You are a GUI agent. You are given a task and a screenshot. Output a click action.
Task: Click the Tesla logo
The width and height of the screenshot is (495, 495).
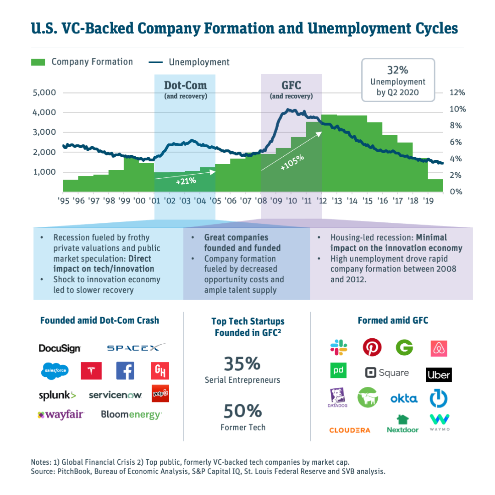[x=91, y=371]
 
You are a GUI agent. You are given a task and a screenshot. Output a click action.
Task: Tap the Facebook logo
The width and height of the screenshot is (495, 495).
[x=125, y=370]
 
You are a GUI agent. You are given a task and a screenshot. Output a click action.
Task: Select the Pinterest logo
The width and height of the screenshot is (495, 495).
[x=372, y=347]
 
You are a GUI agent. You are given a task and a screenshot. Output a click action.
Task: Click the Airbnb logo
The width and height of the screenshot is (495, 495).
[x=439, y=349]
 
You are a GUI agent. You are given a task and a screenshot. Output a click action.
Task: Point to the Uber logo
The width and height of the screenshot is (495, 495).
[x=439, y=374]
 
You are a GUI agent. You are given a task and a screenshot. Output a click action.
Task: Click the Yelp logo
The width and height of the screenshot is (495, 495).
[x=160, y=393]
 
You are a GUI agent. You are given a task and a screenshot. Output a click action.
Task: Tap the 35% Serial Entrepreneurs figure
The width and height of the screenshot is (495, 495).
[x=242, y=364]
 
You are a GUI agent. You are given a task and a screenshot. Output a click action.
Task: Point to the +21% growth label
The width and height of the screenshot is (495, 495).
[x=186, y=181]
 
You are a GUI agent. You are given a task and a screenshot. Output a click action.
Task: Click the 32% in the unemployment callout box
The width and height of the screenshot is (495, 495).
[x=397, y=71]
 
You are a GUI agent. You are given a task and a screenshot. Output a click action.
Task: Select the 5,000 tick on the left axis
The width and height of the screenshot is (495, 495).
[x=44, y=93]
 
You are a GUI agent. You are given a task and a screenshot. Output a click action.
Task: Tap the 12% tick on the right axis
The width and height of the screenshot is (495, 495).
[x=457, y=93]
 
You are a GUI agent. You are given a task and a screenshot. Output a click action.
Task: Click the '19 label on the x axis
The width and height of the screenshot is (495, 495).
[x=428, y=201]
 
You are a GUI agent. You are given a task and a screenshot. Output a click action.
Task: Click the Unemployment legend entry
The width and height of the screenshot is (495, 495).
[x=198, y=62]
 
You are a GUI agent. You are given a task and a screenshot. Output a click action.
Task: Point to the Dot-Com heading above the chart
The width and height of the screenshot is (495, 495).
[x=185, y=85]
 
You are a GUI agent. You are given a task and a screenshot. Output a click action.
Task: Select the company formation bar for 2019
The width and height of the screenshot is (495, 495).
[x=435, y=185]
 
